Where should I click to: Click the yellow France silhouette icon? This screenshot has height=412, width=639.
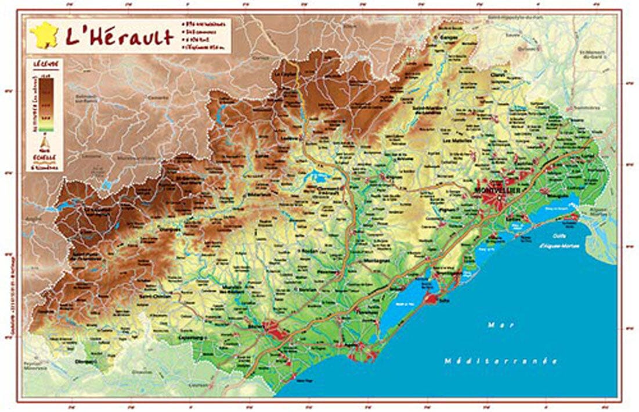[45, 35]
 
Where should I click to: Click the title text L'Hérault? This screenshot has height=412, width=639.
[119, 37]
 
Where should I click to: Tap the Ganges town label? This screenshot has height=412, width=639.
[449, 37]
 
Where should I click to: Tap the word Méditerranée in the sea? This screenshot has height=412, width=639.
[500, 361]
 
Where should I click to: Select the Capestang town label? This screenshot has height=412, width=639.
[192, 337]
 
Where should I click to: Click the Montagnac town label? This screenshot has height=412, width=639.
[376, 262]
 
